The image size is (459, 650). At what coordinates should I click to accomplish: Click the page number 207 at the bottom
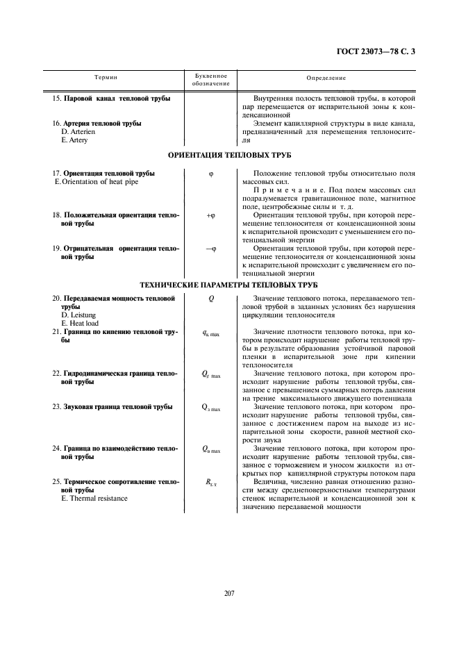[x=229, y=592]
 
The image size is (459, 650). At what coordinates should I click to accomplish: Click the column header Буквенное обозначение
[x=210, y=79]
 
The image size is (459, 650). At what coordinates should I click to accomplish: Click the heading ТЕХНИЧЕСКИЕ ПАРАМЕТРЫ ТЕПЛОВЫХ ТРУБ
[x=229, y=285]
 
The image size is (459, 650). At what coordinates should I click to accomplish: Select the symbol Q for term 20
[x=210, y=299]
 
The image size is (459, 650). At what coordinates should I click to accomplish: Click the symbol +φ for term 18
[x=210, y=216]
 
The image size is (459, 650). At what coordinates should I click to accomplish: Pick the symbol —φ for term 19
[x=210, y=248]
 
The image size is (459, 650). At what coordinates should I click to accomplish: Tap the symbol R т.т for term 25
[x=210, y=481]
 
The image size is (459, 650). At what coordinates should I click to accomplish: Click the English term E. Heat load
[x=80, y=323]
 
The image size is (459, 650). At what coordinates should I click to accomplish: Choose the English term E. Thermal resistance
[x=95, y=498]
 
